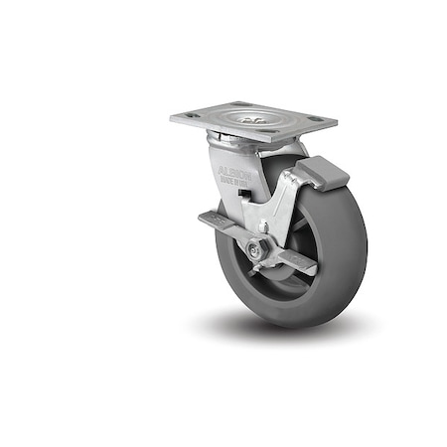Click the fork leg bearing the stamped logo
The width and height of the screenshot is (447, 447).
tap(231, 189)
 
